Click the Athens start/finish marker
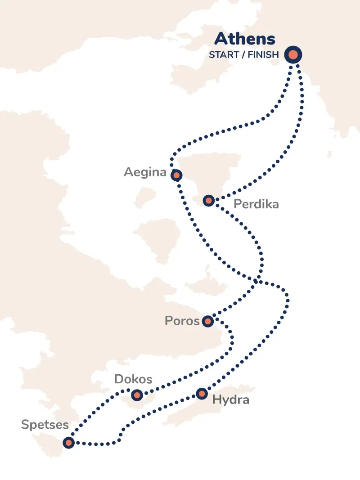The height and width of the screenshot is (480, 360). [x=293, y=55]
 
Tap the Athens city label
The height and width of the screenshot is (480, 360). [x=244, y=39]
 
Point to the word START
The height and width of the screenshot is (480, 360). [x=223, y=55]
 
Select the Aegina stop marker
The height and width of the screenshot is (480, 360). [x=176, y=175]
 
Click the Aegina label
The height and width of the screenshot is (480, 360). [x=145, y=172]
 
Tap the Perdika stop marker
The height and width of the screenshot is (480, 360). [x=208, y=200]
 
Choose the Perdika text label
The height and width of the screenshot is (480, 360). [x=256, y=204]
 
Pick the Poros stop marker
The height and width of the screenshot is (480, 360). [x=207, y=321]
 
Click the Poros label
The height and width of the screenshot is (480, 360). [x=182, y=321]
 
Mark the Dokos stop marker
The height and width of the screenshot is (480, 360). [x=137, y=395]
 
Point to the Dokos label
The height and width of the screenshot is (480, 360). [x=133, y=379]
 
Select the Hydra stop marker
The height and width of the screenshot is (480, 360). [x=202, y=394]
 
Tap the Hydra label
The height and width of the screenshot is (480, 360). [x=230, y=399]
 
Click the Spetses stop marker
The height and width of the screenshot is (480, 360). [x=68, y=443]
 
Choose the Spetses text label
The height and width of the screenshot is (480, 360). [x=45, y=425]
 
